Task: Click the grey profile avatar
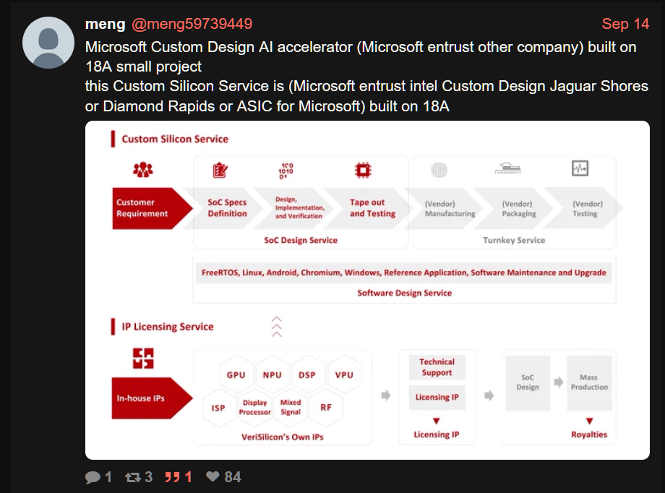(48, 43)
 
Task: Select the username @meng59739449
(192, 24)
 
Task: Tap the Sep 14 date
(625, 24)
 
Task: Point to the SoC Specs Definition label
(227, 208)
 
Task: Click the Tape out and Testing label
(372, 208)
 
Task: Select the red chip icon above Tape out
(363, 170)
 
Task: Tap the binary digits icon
(286, 171)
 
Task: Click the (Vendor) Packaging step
(518, 208)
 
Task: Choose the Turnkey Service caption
(514, 240)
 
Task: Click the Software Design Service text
(404, 293)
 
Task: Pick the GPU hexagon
(236, 375)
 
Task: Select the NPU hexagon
(272, 375)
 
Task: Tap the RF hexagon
(326, 408)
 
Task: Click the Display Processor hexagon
(254, 408)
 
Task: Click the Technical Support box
(437, 367)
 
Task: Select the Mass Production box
(589, 382)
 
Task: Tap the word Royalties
(588, 434)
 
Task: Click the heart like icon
(213, 476)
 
